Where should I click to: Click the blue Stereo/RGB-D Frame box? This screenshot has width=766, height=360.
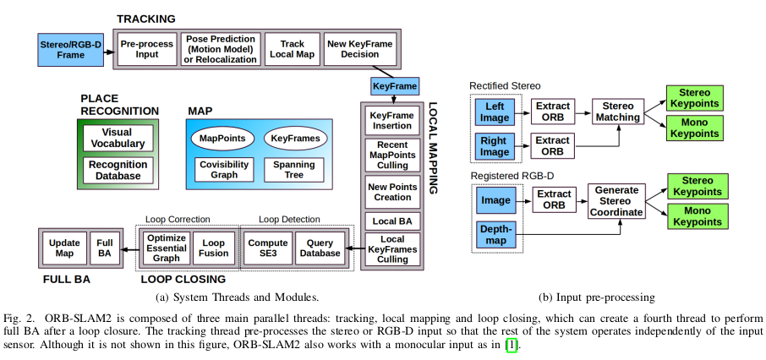pyautogui.click(x=71, y=49)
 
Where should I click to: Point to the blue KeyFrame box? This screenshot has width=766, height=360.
pyautogui.click(x=394, y=86)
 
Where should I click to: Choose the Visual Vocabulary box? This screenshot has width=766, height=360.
pyautogui.click(x=117, y=138)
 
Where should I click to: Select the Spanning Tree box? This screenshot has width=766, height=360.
pyautogui.click(x=293, y=170)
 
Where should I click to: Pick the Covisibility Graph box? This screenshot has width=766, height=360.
pyautogui.click(x=222, y=170)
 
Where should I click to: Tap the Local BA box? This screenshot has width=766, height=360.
pyautogui.click(x=391, y=221)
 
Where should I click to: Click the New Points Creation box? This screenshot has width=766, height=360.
pyautogui.click(x=391, y=190)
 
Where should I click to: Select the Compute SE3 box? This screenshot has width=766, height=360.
pyautogui.click(x=267, y=248)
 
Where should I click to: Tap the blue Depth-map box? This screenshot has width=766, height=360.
pyautogui.click(x=497, y=235)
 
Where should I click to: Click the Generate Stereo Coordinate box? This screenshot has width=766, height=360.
pyautogui.click(x=616, y=201)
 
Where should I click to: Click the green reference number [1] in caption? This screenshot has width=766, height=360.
pyautogui.click(x=510, y=346)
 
